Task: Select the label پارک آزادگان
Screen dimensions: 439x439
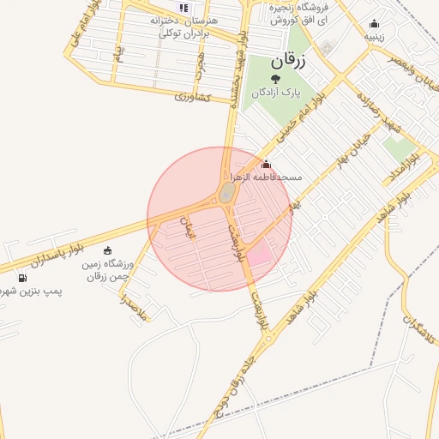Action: coord(277,92)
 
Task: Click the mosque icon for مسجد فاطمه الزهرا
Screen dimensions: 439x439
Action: coord(266,165)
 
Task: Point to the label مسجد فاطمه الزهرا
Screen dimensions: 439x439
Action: coord(270,177)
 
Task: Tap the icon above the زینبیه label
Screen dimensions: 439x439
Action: coord(373,24)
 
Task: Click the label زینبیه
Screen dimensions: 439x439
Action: coord(373,37)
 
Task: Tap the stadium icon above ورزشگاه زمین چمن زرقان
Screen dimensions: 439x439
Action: coord(107,250)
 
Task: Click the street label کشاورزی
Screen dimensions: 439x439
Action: coord(192,97)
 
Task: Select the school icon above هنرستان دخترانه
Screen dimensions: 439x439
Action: coord(183,7)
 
